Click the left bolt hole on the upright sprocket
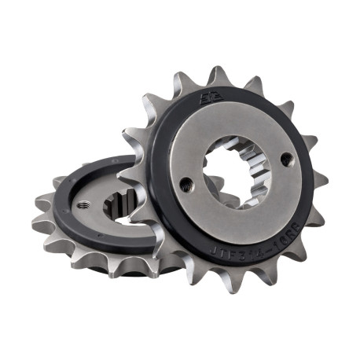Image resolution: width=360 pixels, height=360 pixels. (x=186, y=186)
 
